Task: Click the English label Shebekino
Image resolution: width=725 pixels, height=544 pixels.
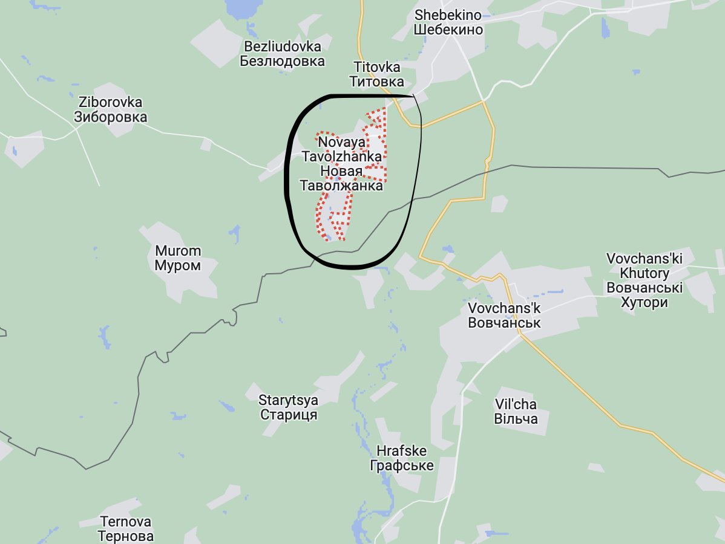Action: coord(448,15)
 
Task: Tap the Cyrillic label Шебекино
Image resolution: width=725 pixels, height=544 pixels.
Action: coord(448,30)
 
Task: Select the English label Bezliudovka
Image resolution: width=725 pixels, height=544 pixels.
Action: coord(283,47)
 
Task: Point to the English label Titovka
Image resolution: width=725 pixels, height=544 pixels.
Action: coord(376,67)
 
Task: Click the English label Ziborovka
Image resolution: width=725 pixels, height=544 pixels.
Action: coord(110,102)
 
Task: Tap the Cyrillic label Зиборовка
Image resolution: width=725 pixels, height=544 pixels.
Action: coord(110,117)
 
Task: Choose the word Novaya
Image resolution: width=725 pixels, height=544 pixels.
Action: coord(342,142)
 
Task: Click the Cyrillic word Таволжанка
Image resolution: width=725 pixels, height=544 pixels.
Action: coord(342,186)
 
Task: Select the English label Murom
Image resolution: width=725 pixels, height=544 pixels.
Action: coord(178,251)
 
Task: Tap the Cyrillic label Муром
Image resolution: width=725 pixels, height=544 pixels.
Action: coord(178,266)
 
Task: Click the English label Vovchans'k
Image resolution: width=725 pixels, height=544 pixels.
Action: coord(504,308)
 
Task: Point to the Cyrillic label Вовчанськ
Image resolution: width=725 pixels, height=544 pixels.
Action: coord(504,323)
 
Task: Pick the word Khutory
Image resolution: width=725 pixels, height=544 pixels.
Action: coord(645,273)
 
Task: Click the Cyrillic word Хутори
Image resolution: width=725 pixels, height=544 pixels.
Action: coord(645,302)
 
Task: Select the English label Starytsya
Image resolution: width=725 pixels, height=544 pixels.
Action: coord(288,400)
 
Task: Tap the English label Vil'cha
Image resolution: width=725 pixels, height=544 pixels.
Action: coord(516,404)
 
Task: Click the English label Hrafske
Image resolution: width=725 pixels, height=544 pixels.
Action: coord(401,451)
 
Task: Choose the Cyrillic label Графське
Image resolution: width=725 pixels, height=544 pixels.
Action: coord(401,466)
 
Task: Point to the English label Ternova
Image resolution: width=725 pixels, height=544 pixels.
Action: coord(126,522)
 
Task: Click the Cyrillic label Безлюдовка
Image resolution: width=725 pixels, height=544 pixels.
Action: coord(283,61)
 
